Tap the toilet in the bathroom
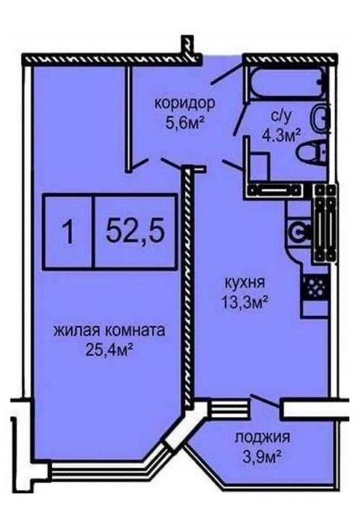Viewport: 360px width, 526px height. tap(309, 155)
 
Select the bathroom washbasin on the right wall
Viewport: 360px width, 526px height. tap(321, 119)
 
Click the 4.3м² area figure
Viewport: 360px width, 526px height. tap(281, 136)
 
